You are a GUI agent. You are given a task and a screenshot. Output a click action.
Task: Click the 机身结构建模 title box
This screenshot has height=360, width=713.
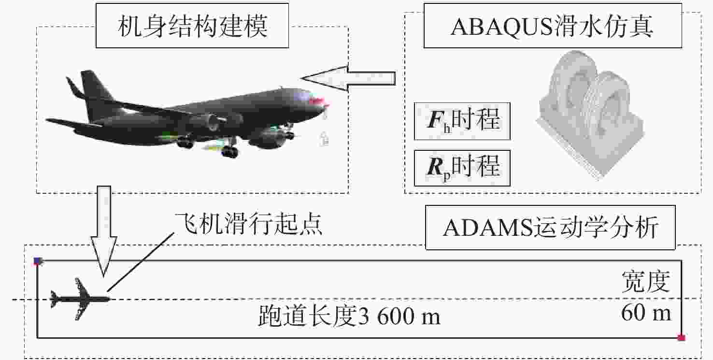(x=192, y=26)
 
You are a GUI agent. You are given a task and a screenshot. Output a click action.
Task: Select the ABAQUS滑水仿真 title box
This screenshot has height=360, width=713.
(x=553, y=26)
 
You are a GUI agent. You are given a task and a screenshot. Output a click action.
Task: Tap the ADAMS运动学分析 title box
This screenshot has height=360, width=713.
(x=550, y=227)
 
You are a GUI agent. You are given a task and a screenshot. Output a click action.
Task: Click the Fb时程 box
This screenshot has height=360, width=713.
(x=462, y=121)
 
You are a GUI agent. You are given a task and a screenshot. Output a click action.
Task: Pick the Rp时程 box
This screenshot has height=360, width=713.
(x=462, y=168)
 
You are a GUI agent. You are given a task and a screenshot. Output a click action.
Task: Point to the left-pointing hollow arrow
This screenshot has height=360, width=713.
(x=348, y=78)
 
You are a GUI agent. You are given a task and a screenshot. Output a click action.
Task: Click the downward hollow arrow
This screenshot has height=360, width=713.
(x=104, y=231)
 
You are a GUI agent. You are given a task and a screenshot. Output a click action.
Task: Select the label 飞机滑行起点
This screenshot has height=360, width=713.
(x=248, y=224)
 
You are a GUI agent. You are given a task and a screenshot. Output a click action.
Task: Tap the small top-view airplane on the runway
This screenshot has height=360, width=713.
(x=80, y=299)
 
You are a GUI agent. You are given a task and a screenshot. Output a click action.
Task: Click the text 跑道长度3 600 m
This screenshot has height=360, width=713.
(x=349, y=316)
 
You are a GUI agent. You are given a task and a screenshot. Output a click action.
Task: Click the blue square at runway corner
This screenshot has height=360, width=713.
(x=38, y=261)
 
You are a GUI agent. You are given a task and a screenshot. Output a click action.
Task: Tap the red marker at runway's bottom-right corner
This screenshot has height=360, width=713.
(x=681, y=338)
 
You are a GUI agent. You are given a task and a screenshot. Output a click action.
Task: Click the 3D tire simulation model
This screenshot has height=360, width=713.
(x=590, y=115)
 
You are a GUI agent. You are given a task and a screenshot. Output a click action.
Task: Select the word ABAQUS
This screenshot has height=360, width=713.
(x=502, y=27)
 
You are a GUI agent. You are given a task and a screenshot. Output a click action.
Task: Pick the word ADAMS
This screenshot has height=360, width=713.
(x=487, y=228)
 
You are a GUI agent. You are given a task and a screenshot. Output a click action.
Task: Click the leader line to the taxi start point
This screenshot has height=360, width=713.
(x=141, y=261)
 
